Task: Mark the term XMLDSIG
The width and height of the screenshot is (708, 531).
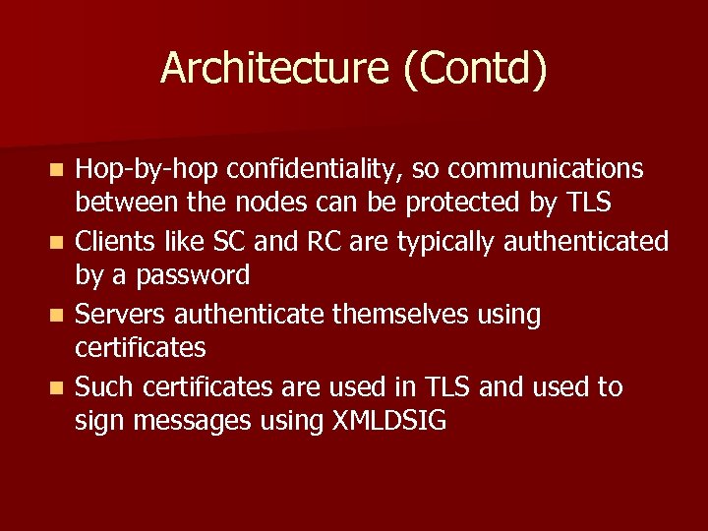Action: [x=389, y=421]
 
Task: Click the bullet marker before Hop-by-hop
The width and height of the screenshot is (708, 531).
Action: [x=59, y=170]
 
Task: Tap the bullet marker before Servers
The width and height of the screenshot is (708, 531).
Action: [x=59, y=316]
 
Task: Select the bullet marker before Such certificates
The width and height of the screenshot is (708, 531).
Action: [x=59, y=388]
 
